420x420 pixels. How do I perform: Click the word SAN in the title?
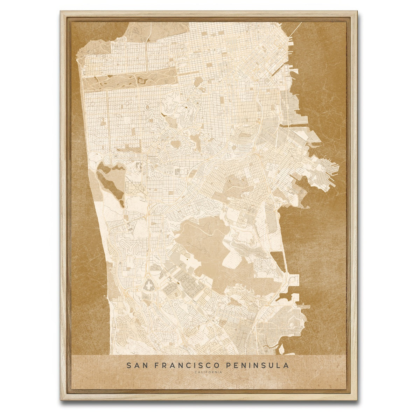[x=135, y=365]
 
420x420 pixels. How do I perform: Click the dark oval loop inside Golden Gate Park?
[x=142, y=80]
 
